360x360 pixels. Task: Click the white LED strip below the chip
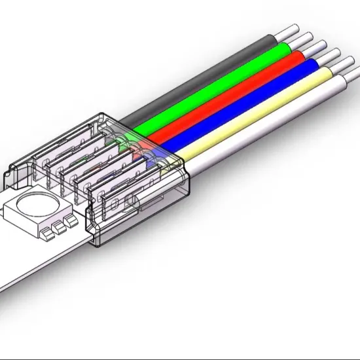[x=39, y=262]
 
